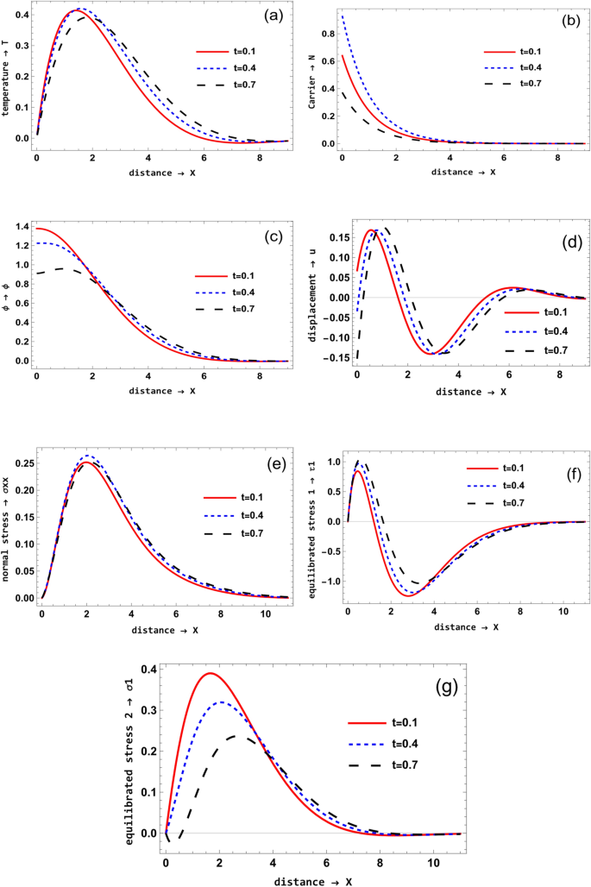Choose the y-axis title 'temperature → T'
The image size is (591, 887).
[7, 79]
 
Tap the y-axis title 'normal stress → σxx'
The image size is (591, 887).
[7, 527]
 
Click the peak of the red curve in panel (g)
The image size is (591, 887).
[209, 673]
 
